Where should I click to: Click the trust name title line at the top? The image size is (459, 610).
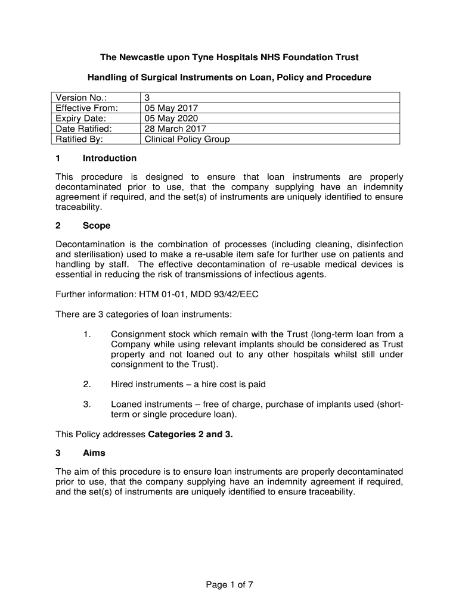[229, 58]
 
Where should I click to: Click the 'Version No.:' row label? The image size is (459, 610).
[80, 98]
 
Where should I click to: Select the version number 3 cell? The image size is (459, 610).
[148, 98]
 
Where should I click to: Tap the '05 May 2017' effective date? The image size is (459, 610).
[171, 108]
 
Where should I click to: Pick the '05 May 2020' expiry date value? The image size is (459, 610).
[171, 118]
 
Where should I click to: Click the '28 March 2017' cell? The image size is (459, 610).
[175, 129]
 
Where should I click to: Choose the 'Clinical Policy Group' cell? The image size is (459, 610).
[187, 139]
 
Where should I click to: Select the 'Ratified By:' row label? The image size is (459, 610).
[79, 139]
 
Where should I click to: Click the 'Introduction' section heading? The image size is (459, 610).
[110, 158]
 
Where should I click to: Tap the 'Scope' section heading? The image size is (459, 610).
[97, 226]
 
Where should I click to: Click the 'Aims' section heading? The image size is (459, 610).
[94, 453]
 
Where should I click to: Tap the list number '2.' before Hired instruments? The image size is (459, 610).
[87, 384]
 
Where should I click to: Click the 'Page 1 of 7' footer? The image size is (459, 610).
[229, 584]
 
